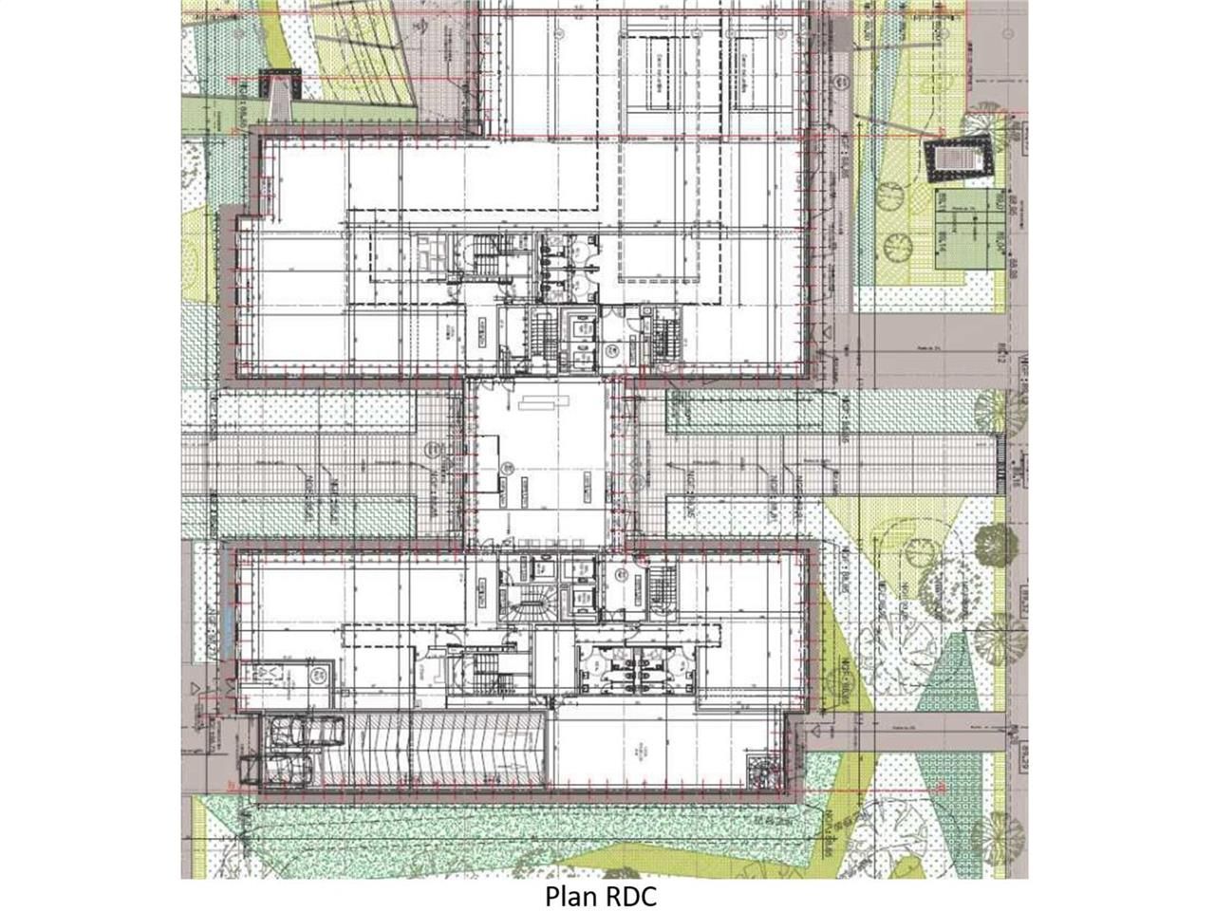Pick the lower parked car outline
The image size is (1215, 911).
(x=281, y=767)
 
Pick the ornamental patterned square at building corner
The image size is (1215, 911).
(x=765, y=769)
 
